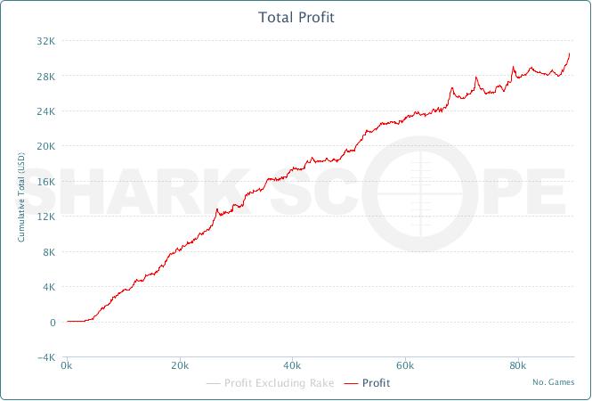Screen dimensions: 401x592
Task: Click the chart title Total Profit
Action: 296,17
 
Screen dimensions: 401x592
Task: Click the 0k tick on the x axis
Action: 67,366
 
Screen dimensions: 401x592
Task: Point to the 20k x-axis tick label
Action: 180,366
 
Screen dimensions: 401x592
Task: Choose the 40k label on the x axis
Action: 293,366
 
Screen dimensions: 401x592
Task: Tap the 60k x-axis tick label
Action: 406,366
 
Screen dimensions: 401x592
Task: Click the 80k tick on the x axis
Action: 519,366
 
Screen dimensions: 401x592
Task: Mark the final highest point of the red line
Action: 570,53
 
